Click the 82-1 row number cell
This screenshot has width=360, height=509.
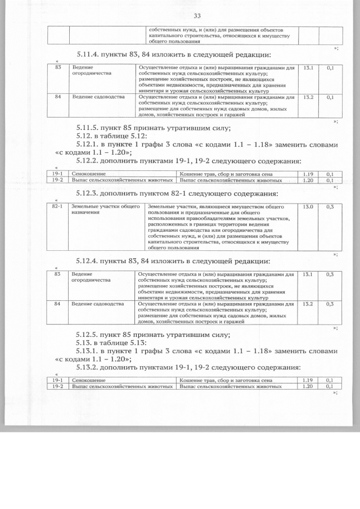point(56,207)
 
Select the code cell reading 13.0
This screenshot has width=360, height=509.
point(308,207)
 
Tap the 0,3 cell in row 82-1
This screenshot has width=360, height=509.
point(330,207)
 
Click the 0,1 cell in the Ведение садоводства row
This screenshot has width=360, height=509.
point(330,97)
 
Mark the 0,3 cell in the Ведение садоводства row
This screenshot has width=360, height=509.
point(330,304)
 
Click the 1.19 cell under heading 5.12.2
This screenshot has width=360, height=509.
point(308,174)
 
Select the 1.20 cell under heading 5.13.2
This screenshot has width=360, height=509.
point(308,387)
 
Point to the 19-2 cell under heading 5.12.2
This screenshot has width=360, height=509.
point(57,181)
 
